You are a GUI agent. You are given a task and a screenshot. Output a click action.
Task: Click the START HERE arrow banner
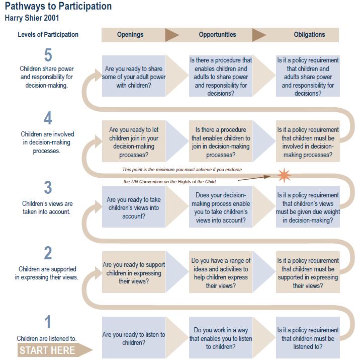point(55,350)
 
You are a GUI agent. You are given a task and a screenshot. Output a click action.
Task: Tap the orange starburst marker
point(285,175)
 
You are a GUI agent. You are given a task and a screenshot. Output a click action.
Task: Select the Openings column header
point(130,35)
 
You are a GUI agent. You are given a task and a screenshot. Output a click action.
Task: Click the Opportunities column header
point(218,35)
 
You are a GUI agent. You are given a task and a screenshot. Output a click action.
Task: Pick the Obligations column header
point(309,35)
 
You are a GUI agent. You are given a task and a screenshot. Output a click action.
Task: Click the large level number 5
point(48,55)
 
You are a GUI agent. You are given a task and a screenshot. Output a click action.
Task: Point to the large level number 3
point(48,187)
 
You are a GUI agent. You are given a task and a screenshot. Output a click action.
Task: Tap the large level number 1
point(48,322)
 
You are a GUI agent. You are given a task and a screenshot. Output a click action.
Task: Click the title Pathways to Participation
point(58,7)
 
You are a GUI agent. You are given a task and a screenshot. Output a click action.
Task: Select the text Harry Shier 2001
point(32,18)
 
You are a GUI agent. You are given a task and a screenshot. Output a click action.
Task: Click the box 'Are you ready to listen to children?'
point(134,337)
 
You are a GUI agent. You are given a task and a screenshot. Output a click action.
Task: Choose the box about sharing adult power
point(134,76)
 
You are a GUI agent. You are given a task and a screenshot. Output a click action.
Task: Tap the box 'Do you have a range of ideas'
point(221,272)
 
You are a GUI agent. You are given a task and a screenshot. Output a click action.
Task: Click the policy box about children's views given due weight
point(308,207)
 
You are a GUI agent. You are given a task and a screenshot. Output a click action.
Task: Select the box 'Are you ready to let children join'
point(134,141)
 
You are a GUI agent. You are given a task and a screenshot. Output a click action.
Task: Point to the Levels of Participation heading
point(48,35)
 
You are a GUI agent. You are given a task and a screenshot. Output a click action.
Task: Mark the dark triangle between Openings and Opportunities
point(172,35)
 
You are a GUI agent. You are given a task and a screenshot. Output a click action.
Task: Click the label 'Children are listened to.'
point(46,338)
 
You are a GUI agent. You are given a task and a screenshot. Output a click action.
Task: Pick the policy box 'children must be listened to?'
point(308,337)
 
